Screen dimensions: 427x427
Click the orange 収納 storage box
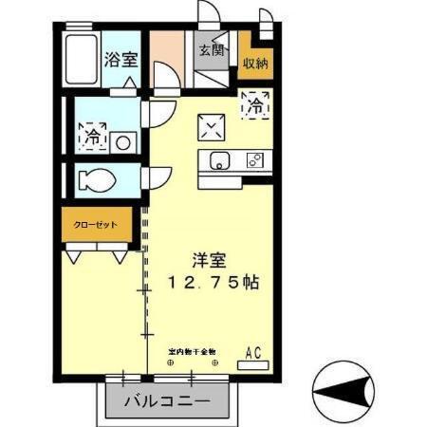point(253,63)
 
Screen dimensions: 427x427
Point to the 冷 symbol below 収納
point(256,107)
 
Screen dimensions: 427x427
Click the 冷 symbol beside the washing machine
point(93,136)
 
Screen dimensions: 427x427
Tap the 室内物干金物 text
point(192,350)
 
